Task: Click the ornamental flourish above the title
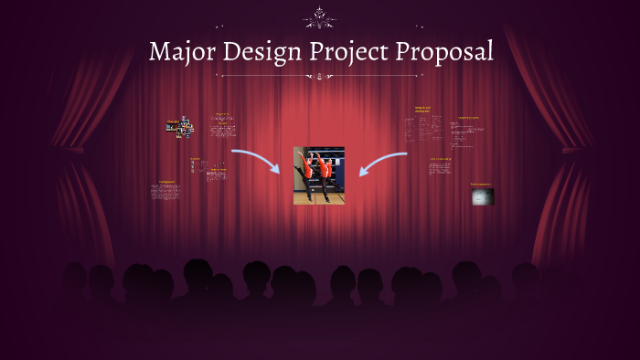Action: coord(320,16)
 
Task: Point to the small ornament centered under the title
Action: coord(320,77)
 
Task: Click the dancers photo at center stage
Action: coord(319,175)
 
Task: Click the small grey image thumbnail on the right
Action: coord(482,196)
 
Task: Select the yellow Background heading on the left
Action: coord(166,181)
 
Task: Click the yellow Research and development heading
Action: coord(422,110)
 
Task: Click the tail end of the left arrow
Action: coord(233,151)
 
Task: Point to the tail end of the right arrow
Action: coord(405,154)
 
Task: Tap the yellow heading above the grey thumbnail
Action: coord(479,185)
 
